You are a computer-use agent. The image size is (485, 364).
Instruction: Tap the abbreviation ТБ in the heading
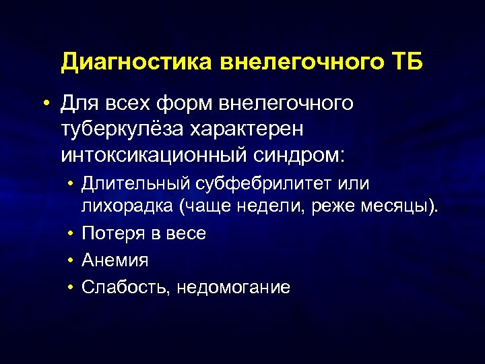click(406, 63)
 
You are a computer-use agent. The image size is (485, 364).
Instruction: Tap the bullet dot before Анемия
click(71, 260)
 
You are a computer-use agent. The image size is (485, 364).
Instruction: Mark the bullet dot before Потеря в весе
click(71, 234)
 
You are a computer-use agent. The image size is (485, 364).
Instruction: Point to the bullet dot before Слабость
click(71, 287)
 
